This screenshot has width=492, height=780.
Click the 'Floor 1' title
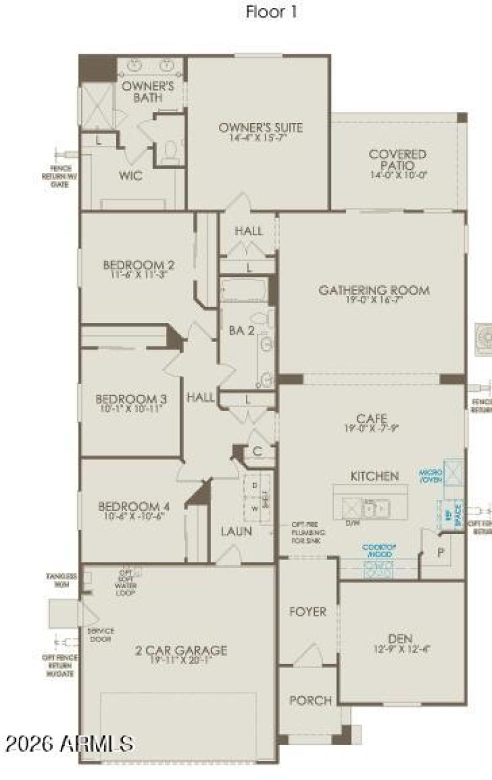(272, 12)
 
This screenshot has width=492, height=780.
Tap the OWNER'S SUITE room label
(261, 128)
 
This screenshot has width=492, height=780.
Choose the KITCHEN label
(375, 476)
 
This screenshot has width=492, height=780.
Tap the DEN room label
(401, 638)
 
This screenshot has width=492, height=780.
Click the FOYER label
(307, 612)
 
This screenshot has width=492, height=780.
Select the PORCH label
(311, 700)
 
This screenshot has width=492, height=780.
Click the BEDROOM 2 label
(138, 265)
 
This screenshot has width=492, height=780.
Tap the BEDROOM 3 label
(132, 398)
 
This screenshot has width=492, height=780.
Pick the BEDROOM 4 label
(134, 506)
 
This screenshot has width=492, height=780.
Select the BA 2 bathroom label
(242, 330)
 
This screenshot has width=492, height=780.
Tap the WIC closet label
(130, 176)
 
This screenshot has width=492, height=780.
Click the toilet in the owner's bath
(171, 149)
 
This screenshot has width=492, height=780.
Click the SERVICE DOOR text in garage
(100, 635)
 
